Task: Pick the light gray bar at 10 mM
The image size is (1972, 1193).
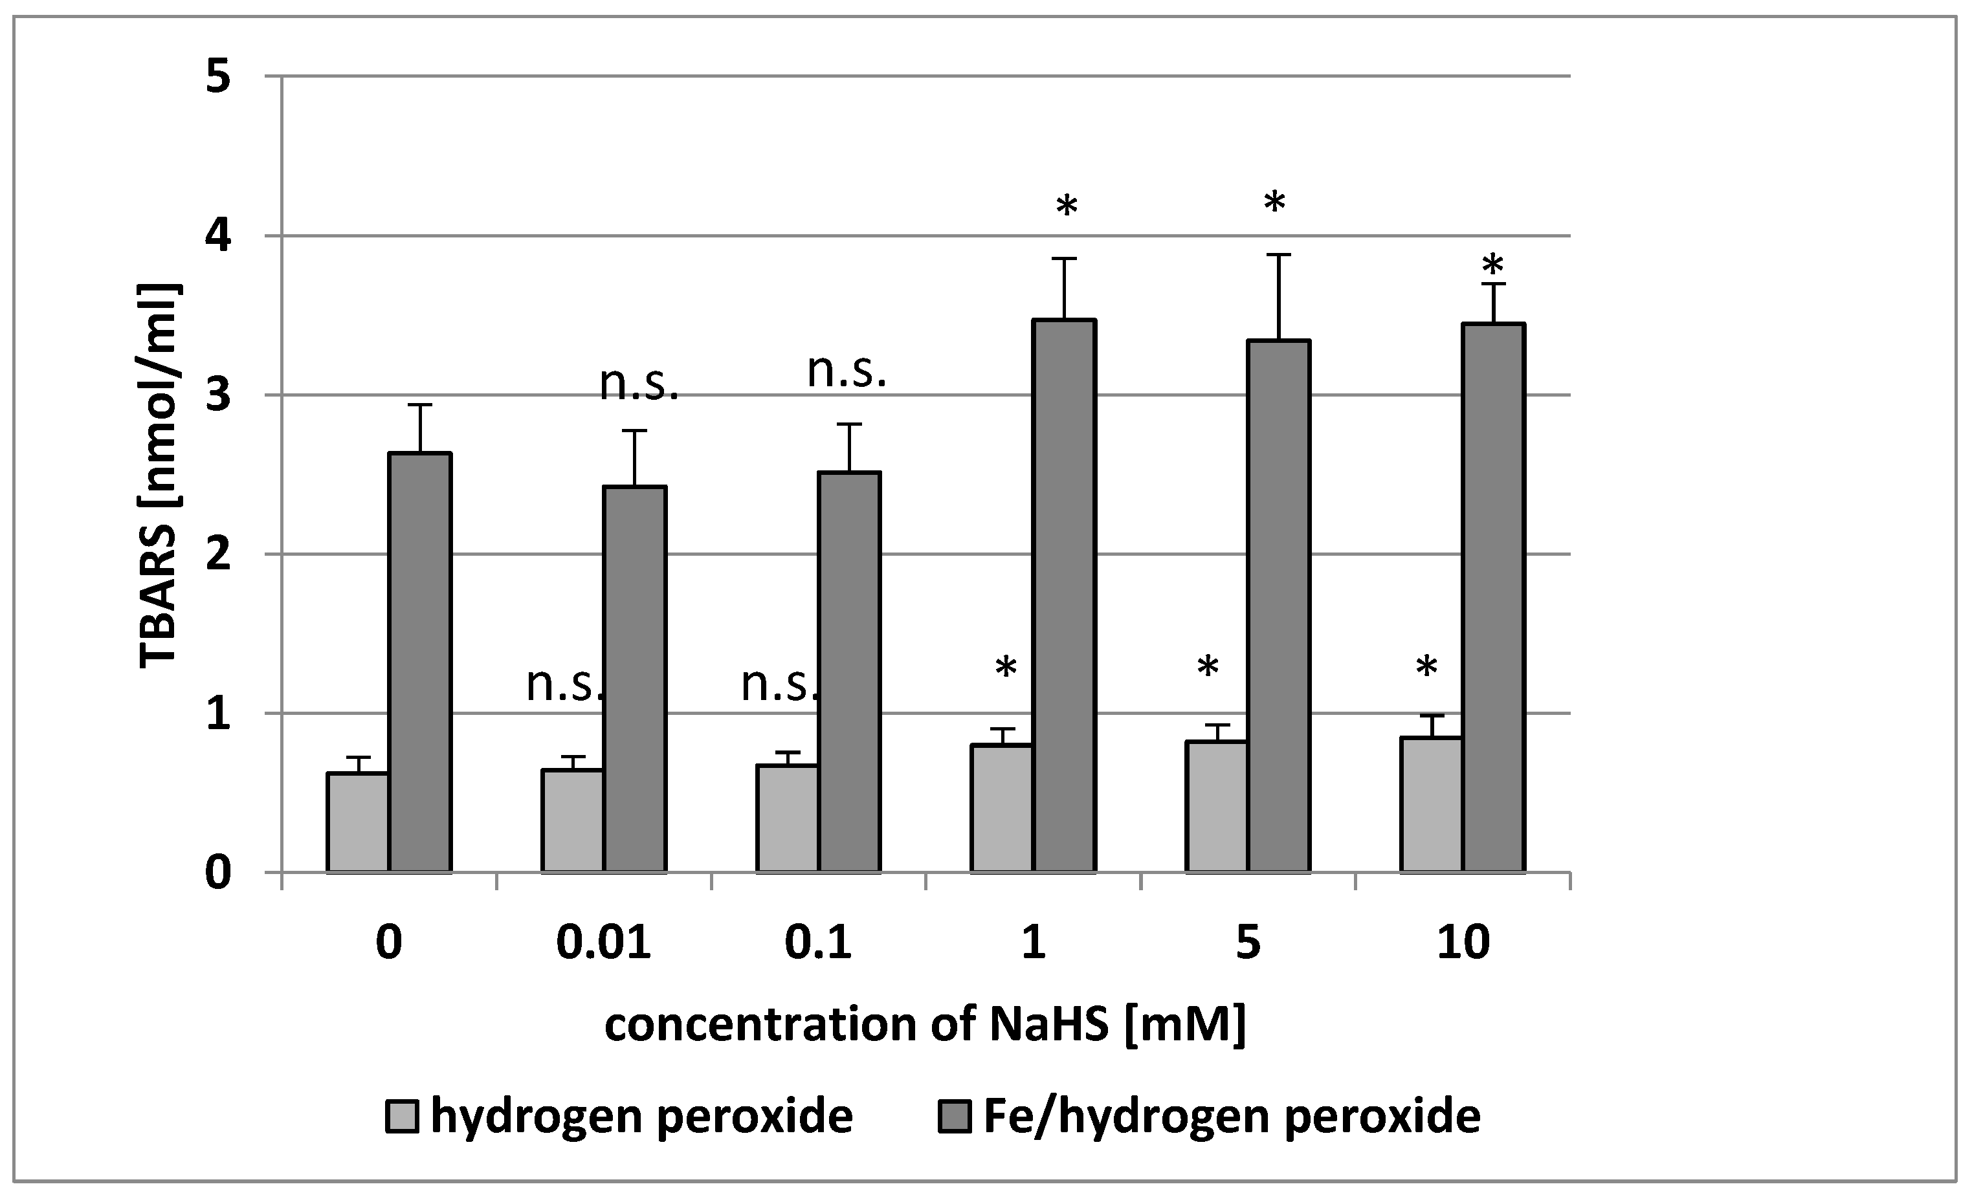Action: pos(1431,804)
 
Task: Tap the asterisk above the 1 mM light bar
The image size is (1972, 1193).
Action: pos(1006,668)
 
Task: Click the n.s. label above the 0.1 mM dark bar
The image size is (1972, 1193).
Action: pos(847,371)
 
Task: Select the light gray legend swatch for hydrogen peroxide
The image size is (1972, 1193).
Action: pos(402,1116)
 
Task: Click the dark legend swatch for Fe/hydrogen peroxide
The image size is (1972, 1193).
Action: pos(954,1116)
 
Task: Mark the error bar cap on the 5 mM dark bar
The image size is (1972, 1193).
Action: pos(1278,254)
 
